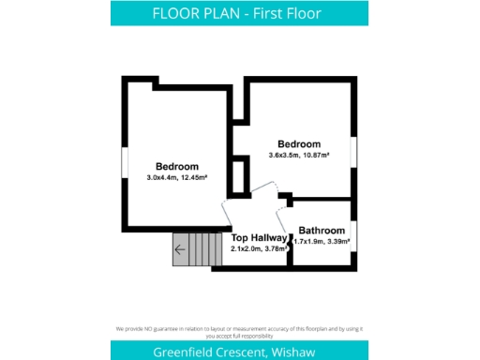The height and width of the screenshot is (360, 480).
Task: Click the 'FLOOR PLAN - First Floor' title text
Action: [239, 13]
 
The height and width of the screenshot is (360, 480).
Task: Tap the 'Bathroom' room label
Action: [322, 231]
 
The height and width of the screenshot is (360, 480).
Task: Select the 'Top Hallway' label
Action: [259, 238]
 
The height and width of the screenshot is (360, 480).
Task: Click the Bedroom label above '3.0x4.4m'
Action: [177, 166]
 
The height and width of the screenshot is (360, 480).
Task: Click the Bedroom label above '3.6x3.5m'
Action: [299, 143]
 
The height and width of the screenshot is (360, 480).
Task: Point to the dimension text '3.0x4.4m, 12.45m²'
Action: [177, 177]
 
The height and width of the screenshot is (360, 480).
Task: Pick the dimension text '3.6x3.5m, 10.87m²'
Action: [299, 155]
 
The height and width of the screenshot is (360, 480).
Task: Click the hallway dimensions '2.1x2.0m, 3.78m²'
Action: [259, 249]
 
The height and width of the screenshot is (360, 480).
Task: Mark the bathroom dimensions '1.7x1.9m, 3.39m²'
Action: [322, 242]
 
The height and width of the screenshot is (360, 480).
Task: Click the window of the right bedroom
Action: [353, 150]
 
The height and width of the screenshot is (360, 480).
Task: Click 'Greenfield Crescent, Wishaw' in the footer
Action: [239, 351]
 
